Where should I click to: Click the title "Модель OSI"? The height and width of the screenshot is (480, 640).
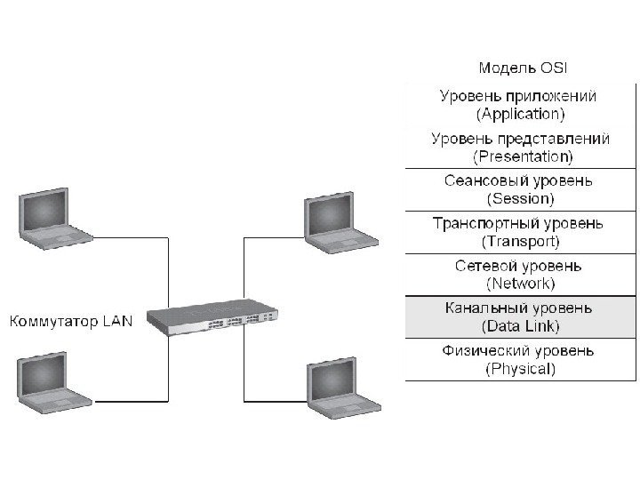[522, 68]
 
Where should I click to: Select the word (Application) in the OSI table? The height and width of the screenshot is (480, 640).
[521, 114]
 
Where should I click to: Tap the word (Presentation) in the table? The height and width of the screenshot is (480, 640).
[521, 156]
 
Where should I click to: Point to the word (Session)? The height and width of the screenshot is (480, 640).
[521, 198]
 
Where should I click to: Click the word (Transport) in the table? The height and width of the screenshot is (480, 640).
[521, 241]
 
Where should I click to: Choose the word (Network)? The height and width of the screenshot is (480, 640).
[521, 284]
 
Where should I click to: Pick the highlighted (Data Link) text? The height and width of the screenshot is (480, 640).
[521, 326]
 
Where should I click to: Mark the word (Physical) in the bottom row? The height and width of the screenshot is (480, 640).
[521, 368]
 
